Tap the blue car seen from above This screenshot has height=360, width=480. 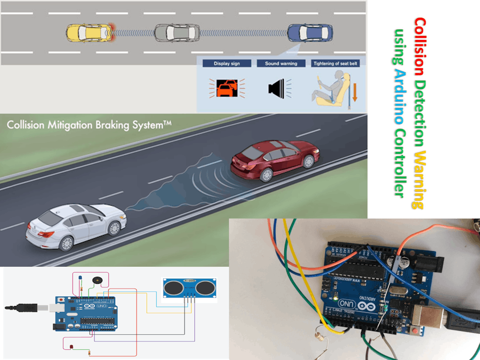tap(309, 33)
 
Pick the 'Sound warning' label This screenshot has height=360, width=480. tap(281, 63)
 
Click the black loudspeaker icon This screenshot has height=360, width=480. tap(278, 88)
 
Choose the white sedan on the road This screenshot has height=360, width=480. tap(76, 223)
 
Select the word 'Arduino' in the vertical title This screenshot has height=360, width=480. tap(398, 91)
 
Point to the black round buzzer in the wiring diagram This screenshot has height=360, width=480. tap(97, 281)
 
